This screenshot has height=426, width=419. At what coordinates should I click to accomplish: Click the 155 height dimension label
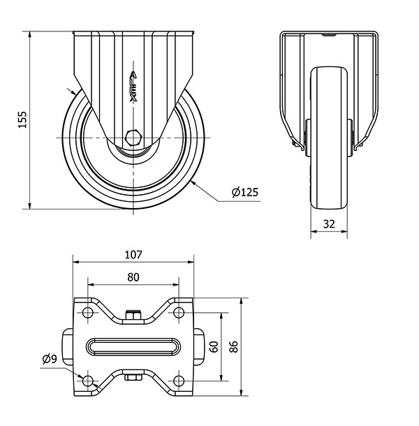tap(22, 119)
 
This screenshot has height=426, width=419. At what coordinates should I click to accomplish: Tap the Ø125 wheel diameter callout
tap(245, 192)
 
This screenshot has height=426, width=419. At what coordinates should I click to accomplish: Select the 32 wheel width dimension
tap(329, 224)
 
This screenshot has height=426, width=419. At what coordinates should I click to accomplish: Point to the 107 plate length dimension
tap(133, 255)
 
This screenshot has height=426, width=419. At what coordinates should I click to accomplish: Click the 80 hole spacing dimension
tap(133, 277)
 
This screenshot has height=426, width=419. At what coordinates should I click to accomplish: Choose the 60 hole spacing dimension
tap(214, 347)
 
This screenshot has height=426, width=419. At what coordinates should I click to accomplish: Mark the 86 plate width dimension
tap(234, 346)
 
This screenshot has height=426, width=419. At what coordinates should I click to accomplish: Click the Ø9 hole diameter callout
tap(50, 360)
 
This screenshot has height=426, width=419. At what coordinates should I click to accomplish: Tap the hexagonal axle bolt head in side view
tap(133, 138)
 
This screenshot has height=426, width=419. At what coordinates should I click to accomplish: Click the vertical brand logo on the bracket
tap(133, 87)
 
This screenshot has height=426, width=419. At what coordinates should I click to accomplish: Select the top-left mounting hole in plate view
tap(88, 312)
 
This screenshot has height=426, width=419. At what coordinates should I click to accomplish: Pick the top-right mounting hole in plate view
tap(179, 312)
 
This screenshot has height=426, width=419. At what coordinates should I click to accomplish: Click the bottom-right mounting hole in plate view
tap(179, 381)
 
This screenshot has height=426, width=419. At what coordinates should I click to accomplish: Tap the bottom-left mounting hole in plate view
tap(88, 381)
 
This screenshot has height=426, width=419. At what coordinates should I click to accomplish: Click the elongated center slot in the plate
tap(133, 346)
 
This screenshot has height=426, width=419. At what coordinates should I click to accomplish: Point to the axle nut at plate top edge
tap(133, 315)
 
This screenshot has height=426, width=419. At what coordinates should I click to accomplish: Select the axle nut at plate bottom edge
tap(133, 378)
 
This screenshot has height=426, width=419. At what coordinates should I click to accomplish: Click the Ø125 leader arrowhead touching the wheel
tap(194, 184)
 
